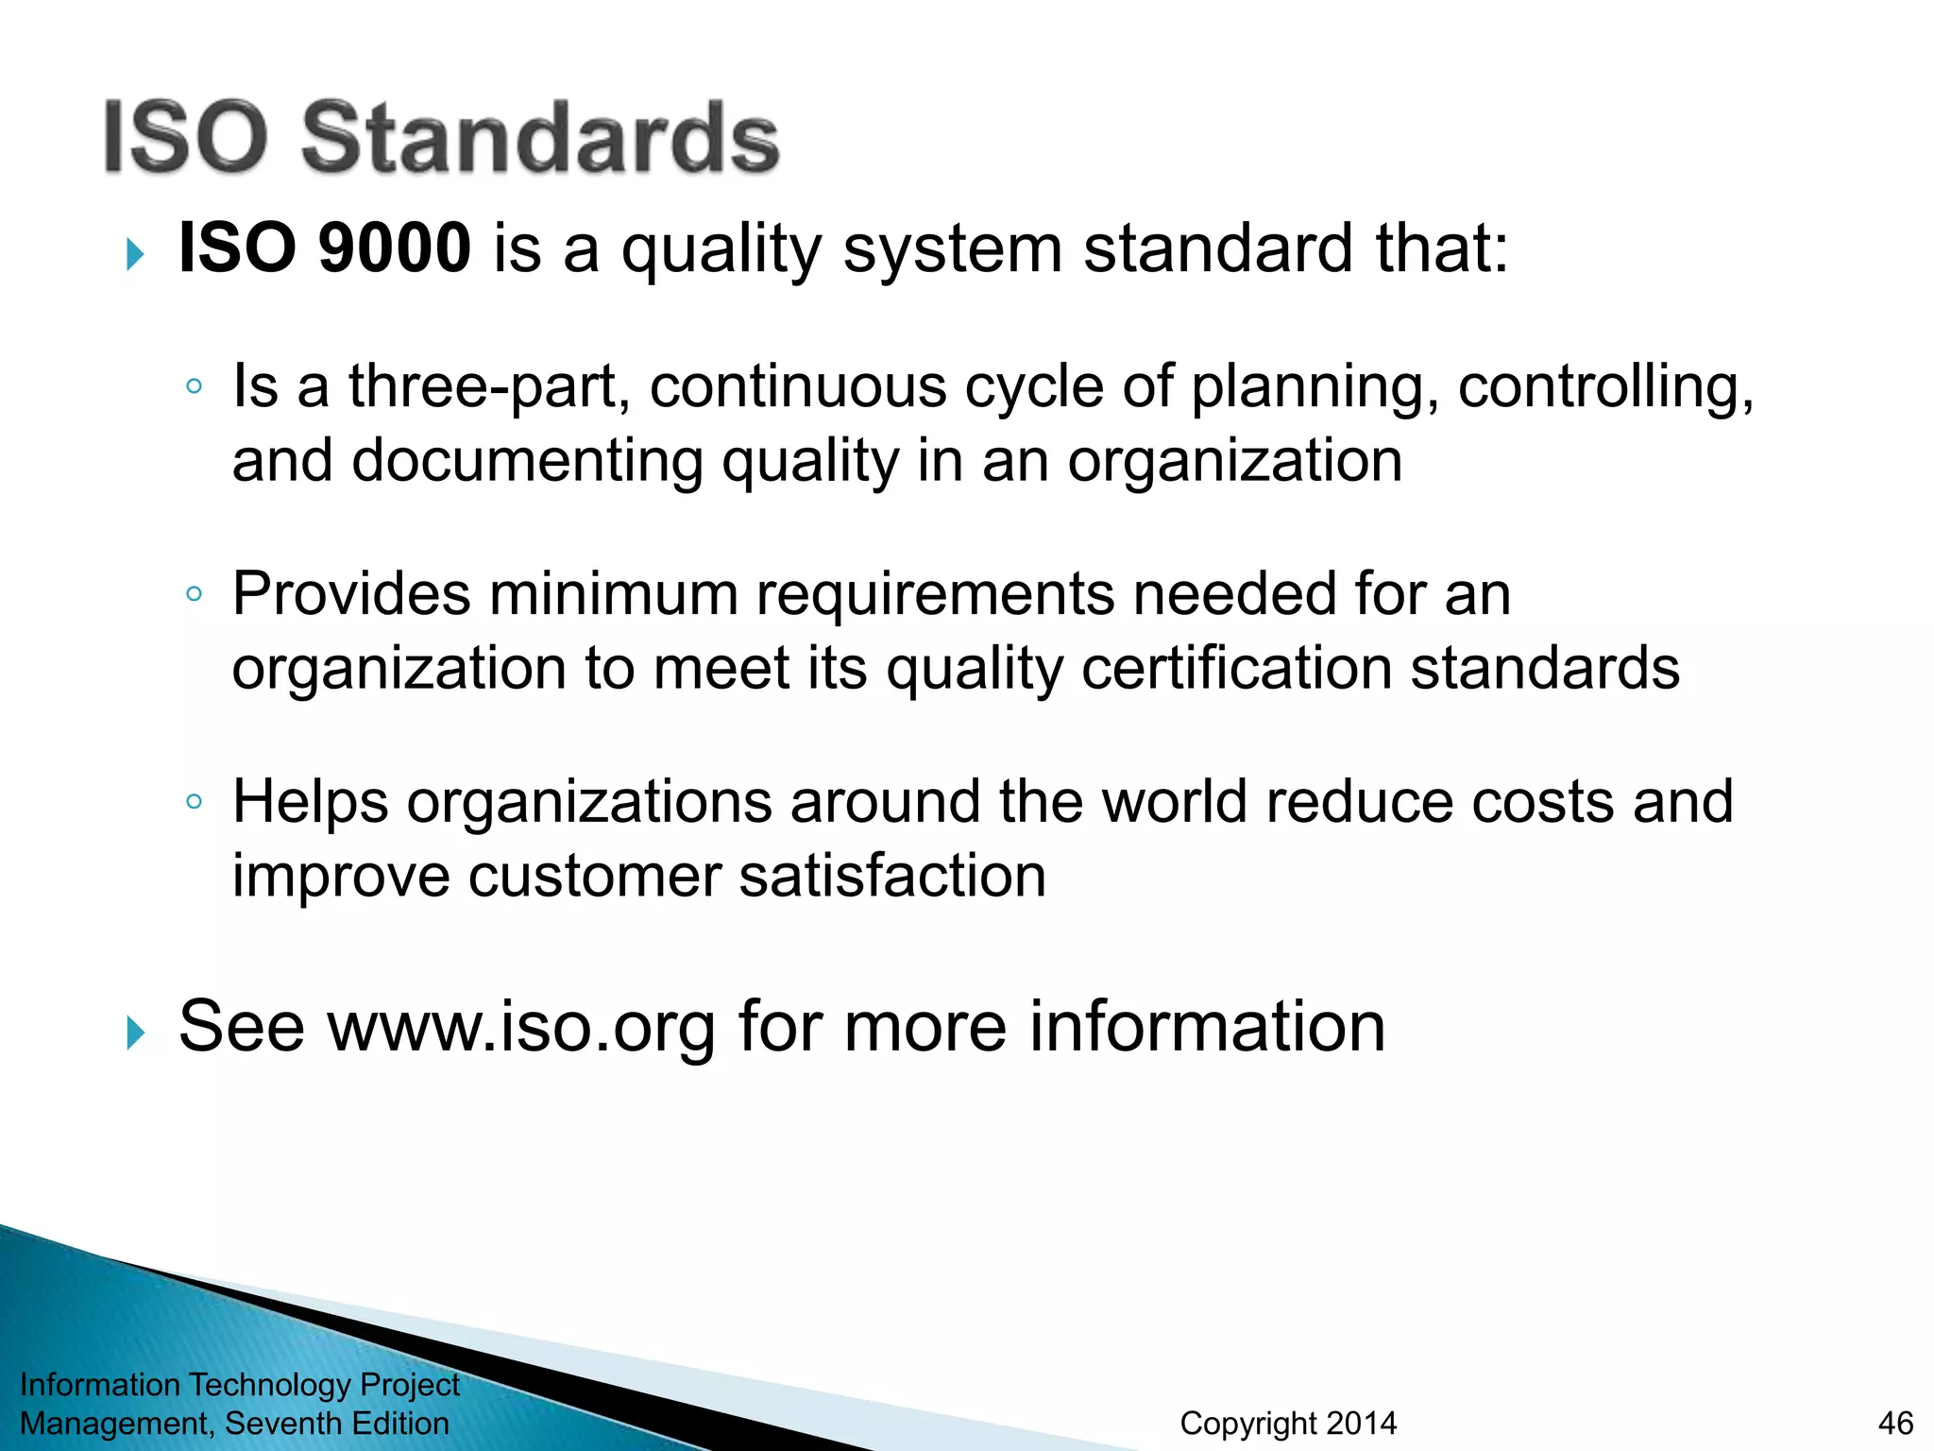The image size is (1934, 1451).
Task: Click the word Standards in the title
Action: tap(539, 138)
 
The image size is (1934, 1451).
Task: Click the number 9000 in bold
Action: tap(395, 248)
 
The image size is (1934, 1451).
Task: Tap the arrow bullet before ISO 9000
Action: tap(135, 254)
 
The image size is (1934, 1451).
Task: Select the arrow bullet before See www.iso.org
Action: tap(135, 1033)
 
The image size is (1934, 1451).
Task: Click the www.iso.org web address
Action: tap(521, 1028)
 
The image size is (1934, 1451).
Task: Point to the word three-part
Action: tap(483, 387)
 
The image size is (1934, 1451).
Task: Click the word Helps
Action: tap(310, 802)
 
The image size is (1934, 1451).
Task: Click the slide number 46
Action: tap(1895, 1423)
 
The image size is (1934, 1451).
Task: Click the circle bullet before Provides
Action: tap(194, 594)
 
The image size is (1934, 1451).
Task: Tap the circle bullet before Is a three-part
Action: tap(194, 386)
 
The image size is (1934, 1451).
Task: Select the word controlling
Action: tap(1604, 387)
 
